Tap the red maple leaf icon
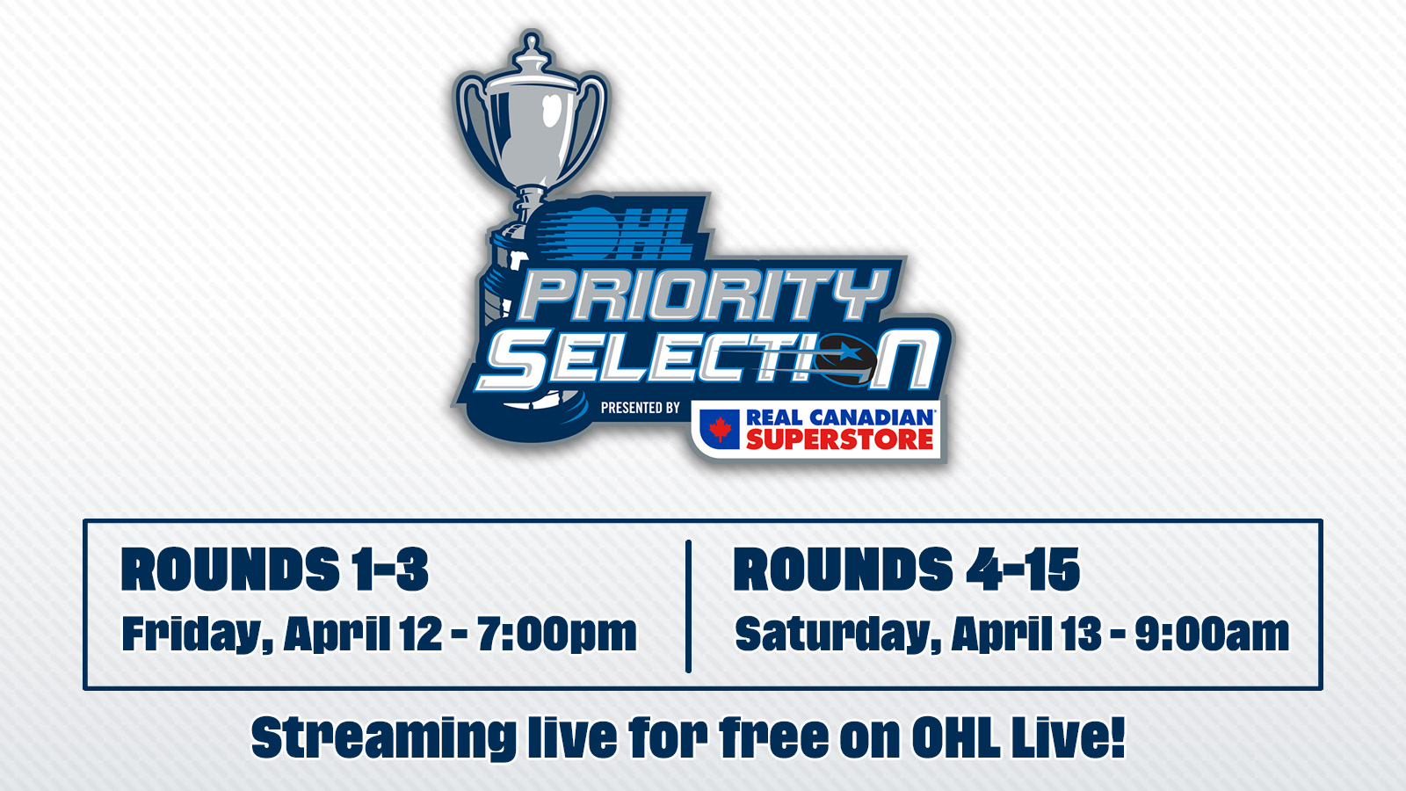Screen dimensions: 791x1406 721,429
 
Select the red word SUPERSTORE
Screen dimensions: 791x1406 839,439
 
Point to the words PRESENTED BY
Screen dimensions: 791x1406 640,408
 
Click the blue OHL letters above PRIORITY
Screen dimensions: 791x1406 628,230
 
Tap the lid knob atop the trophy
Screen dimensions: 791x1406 531,44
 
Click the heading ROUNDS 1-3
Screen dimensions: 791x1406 275,570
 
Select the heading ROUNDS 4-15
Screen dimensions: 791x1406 906,570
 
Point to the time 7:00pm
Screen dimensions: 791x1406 557,634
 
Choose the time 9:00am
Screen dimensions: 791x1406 1212,634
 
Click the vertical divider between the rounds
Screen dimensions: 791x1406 689,606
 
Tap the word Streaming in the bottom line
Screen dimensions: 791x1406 384,737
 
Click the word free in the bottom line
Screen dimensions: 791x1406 773,737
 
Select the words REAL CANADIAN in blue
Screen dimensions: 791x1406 839,417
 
